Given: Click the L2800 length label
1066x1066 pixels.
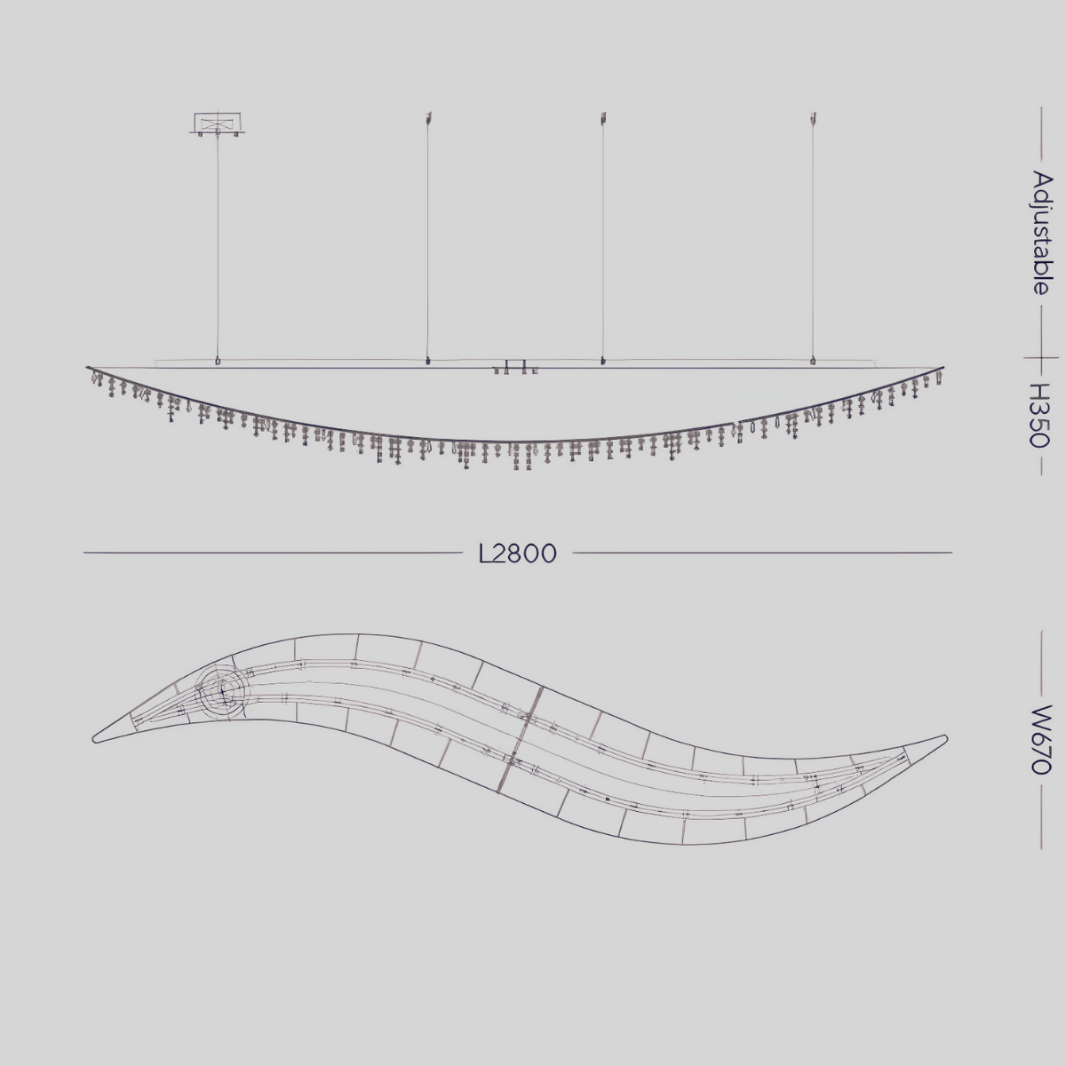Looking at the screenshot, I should pos(517,553).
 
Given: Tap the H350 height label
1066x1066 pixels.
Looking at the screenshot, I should pos(1040,416).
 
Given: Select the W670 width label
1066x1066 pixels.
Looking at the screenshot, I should pos(1040,739).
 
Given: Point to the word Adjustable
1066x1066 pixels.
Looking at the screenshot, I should pos(1041,233).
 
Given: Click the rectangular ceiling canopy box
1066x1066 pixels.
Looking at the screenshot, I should pos(217,123).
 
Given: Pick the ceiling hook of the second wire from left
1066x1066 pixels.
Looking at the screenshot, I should pos(428,117).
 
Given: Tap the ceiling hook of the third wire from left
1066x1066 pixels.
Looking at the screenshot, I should pos(603,117).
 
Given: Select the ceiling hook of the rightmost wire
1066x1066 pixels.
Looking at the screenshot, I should pos(812,117).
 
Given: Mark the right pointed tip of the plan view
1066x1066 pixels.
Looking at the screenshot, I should pos(944,737).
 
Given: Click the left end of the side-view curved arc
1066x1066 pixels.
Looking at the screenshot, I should pos(89,368).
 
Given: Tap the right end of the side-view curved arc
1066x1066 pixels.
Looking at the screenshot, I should pos(943,368).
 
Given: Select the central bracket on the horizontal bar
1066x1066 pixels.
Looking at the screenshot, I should pos(515,365).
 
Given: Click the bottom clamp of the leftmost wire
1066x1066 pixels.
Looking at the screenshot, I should pos(218,361).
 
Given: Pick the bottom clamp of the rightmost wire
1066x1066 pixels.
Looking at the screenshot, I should pos(812,361).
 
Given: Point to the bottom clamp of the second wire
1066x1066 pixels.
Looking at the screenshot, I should pos(428,361).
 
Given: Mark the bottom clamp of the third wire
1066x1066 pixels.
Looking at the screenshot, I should pos(603,361).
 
